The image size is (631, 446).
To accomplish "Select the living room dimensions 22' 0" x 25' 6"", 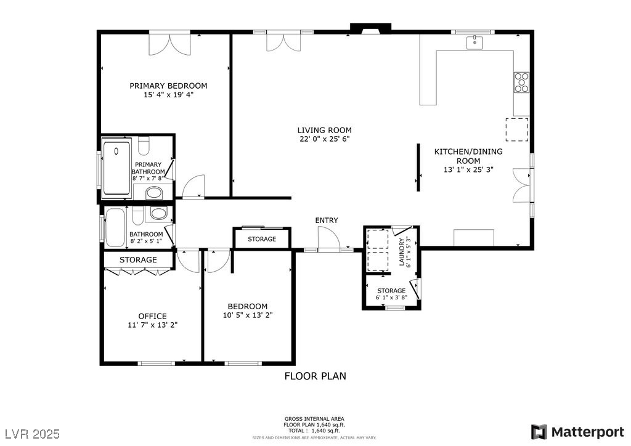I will [324, 139].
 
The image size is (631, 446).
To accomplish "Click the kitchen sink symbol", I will [474, 43].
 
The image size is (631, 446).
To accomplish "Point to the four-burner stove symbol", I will [521, 82].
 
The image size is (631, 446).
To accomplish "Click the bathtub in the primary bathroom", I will [116, 168].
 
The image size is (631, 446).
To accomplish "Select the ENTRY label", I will [326, 220].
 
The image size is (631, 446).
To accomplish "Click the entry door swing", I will [328, 238].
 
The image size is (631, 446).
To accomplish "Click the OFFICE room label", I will [152, 316].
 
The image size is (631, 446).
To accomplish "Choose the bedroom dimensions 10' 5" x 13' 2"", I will [247, 315].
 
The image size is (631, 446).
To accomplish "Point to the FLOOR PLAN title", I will [315, 376].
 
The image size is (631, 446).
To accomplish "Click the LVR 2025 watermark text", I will [31, 434].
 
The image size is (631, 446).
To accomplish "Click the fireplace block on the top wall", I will [370, 28].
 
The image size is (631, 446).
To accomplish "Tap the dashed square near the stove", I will [517, 129].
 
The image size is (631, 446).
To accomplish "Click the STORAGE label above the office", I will [138, 260].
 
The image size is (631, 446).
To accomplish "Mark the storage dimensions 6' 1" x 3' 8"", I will [391, 298].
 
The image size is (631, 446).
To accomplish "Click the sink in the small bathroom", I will [158, 214].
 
